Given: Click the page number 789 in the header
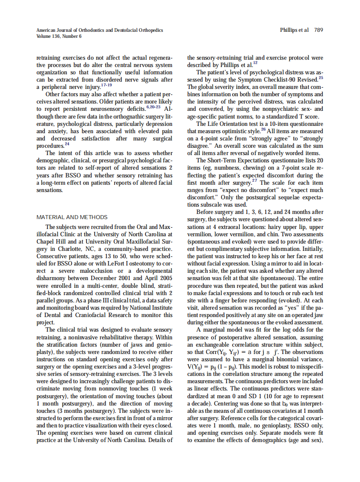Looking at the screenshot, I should point(319,30).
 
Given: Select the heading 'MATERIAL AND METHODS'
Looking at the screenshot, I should point(72,217).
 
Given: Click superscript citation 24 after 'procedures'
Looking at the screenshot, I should point(67,144).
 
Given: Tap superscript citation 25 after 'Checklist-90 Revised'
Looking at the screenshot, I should point(320,78).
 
